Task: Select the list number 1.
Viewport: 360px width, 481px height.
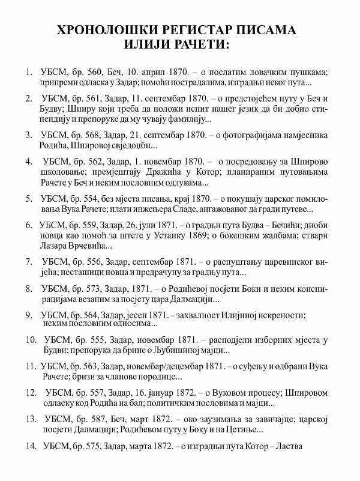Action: coord(28,73)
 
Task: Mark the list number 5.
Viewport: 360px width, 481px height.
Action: coord(28,198)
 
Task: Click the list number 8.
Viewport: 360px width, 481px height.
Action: coord(28,289)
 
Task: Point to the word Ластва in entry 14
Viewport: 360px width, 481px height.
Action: coord(287,446)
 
